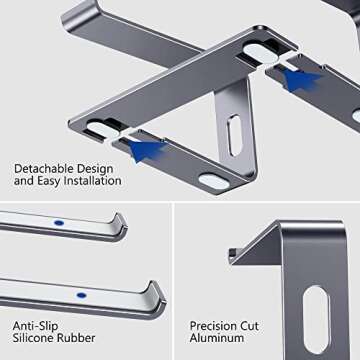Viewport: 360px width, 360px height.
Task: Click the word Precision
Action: pyautogui.click(x=216, y=325)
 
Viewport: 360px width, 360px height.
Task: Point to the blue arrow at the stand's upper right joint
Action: pyautogui.click(x=301, y=79)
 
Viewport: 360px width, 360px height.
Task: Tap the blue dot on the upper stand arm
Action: pyautogui.click(x=57, y=223)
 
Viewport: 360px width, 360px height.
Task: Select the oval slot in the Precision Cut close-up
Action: pyautogui.click(x=314, y=314)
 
